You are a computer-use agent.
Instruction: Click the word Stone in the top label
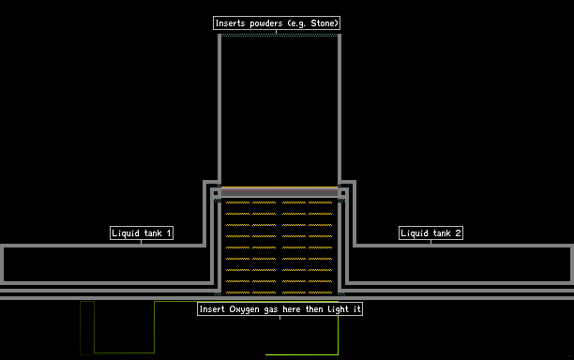coord(323,23)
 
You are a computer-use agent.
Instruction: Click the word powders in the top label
coord(266,23)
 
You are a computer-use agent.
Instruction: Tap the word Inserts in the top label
coord(230,23)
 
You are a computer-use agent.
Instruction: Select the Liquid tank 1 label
coord(142,233)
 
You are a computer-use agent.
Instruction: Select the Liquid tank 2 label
coord(430,233)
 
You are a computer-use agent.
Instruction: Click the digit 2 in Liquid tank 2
coord(458,233)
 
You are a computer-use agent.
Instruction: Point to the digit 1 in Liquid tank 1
coord(169,233)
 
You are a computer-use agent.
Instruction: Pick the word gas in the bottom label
coord(271,310)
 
